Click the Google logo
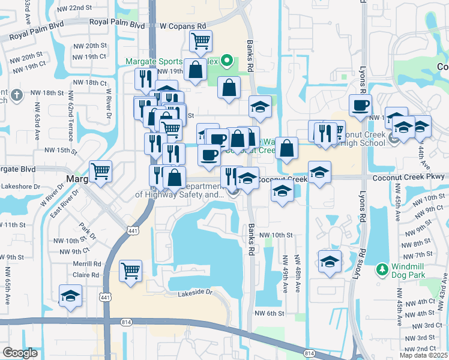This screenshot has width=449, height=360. (20, 352)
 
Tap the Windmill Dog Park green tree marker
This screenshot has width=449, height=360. (381, 268)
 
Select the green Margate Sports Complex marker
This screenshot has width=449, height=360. (226, 60)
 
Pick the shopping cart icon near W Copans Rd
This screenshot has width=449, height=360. (200, 41)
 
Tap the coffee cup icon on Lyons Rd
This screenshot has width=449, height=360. (360, 105)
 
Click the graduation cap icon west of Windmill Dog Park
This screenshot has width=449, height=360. (329, 262)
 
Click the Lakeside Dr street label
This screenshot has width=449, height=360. (196, 293)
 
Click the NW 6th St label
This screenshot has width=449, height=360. (268, 313)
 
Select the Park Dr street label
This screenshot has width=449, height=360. (83, 230)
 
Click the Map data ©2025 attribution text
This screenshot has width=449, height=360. (423, 355)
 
